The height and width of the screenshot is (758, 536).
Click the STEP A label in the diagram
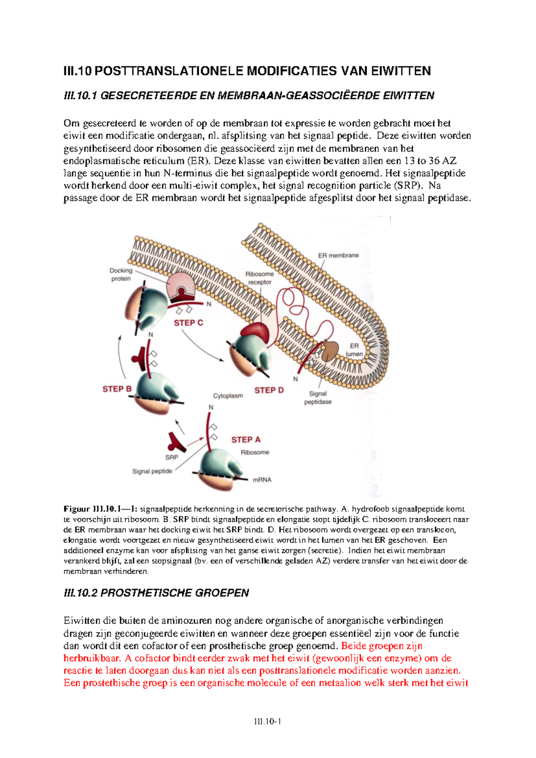click(x=246, y=440)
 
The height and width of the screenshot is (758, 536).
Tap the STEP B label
click(x=117, y=389)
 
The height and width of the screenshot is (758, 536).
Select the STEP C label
click(x=188, y=323)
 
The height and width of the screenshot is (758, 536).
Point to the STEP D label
click(x=269, y=390)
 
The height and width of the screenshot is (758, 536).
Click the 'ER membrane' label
click(x=338, y=255)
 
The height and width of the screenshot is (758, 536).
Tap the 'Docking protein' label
click(x=121, y=274)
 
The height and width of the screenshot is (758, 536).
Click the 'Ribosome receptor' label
click(x=260, y=278)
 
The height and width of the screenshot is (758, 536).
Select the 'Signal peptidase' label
click(x=318, y=398)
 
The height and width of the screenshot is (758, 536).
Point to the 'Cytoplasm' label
click(x=228, y=396)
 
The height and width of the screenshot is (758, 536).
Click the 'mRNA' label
click(x=262, y=480)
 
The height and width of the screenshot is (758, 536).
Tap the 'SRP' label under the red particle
click(x=172, y=457)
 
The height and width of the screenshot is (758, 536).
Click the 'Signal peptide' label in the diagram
click(x=152, y=471)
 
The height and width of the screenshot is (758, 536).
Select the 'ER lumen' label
click(x=354, y=350)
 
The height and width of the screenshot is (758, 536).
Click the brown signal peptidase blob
click(x=330, y=351)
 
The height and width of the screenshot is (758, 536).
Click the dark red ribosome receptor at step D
click(x=255, y=331)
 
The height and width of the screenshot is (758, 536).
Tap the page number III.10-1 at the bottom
click(x=268, y=721)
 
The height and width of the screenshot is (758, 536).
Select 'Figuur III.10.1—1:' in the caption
click(x=101, y=509)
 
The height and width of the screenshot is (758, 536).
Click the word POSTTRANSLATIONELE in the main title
click(x=170, y=71)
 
